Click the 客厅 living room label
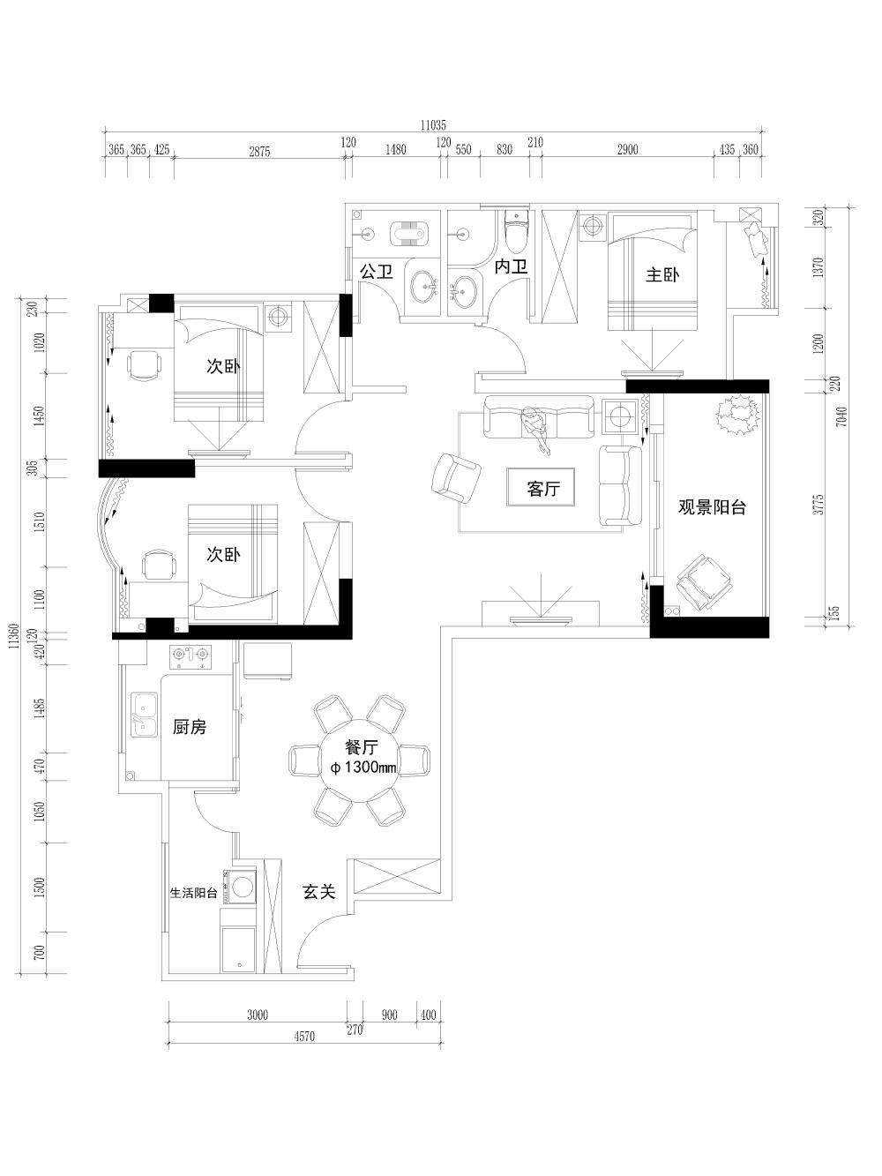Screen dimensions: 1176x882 (542, 488)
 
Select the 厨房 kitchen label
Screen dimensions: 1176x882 (190, 727)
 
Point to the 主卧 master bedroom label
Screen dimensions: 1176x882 (661, 274)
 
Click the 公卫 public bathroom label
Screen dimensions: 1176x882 (377, 271)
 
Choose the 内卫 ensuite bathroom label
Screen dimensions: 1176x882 (510, 266)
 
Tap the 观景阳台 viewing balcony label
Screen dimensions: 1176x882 (712, 507)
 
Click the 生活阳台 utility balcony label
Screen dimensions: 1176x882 (193, 892)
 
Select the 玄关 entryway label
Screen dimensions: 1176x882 (318, 892)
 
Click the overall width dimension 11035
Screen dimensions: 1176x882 (434, 125)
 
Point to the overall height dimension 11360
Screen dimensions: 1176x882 (12, 636)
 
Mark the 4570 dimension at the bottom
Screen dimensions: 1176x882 (304, 1037)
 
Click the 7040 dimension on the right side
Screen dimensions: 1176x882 (841, 416)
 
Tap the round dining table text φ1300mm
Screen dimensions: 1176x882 (363, 768)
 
